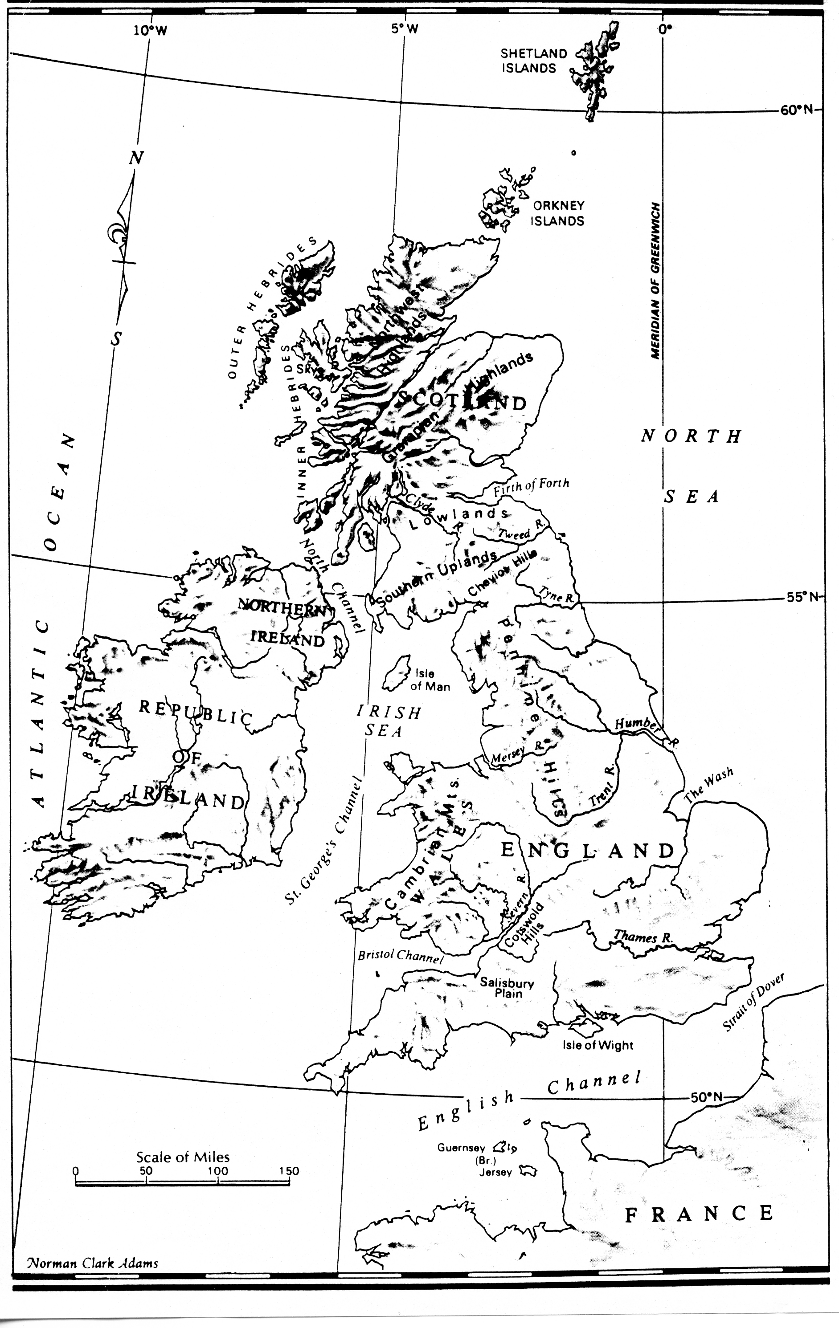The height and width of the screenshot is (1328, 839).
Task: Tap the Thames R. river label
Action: (x=643, y=937)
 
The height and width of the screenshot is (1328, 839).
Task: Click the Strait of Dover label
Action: (x=753, y=1002)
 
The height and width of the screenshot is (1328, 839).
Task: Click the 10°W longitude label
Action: (x=150, y=30)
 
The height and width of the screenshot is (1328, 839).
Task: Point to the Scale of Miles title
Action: (x=183, y=1157)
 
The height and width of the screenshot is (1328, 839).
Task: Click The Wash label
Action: (x=709, y=784)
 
